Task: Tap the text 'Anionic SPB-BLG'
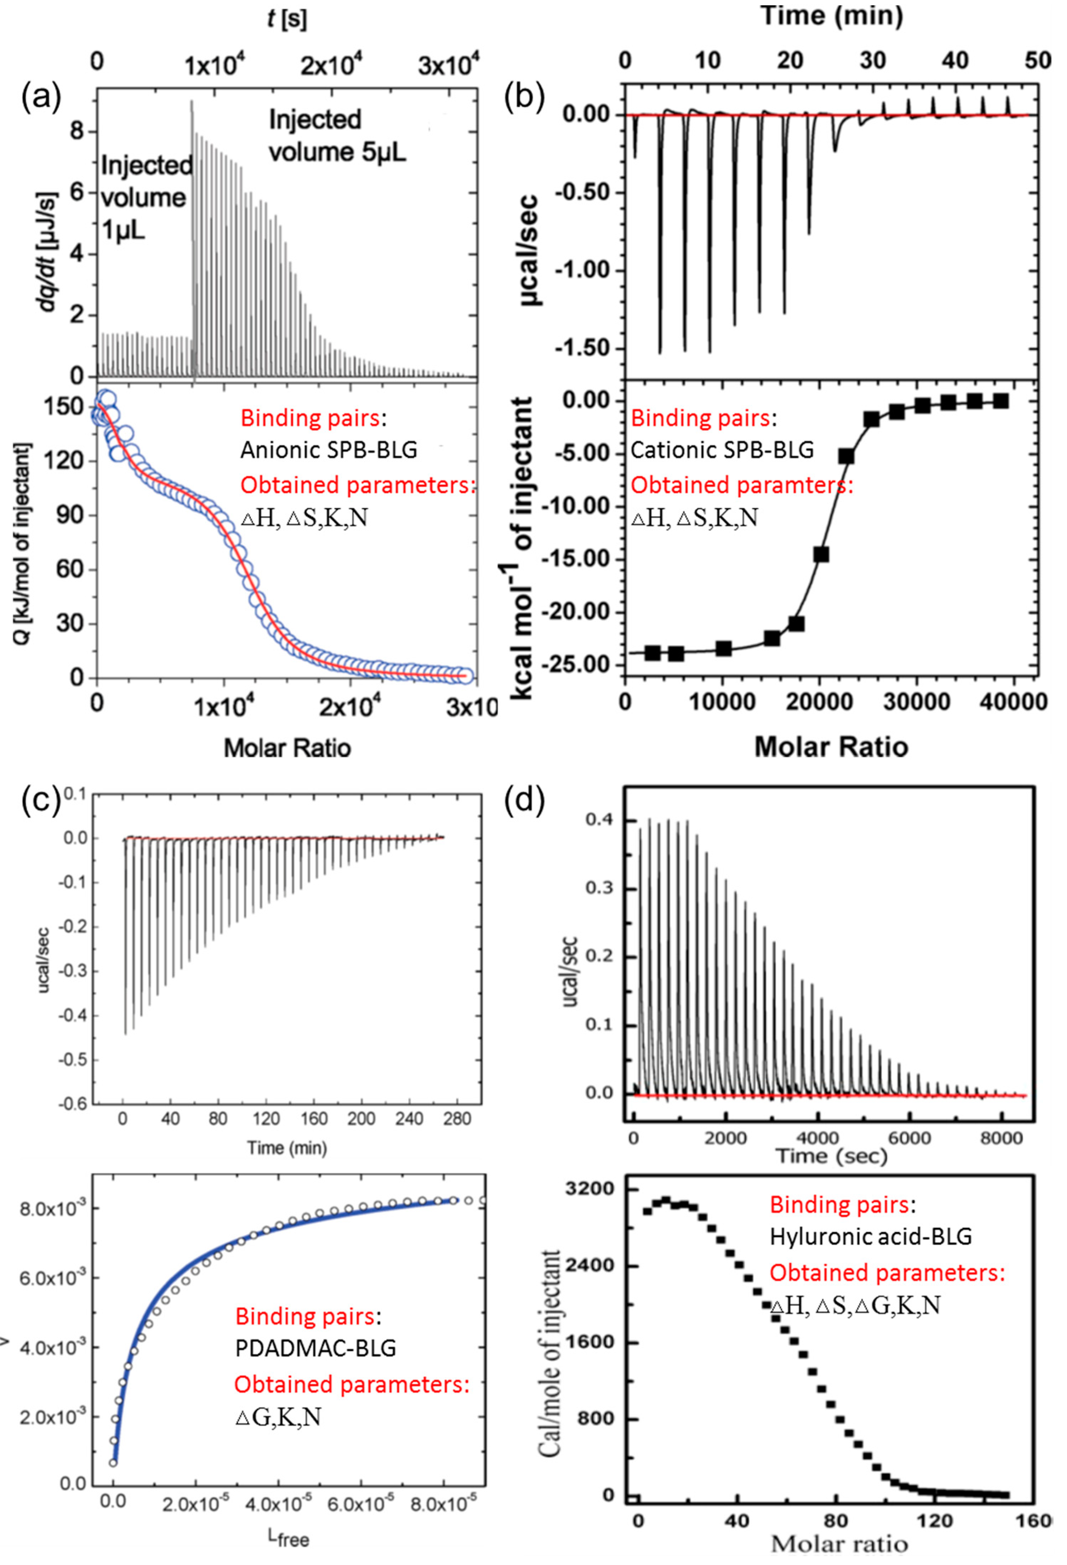[328, 450]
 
